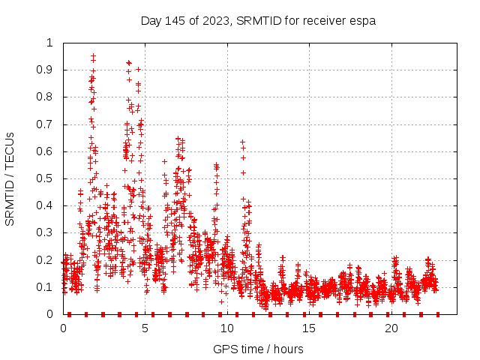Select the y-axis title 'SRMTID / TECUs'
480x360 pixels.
point(10,178)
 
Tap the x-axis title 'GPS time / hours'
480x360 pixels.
point(258,349)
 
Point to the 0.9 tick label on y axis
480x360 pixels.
point(48,70)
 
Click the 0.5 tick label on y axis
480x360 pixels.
point(48,178)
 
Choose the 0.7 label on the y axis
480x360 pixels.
point(48,124)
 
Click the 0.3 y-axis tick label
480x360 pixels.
point(48,233)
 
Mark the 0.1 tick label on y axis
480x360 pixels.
point(48,287)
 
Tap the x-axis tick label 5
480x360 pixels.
point(145,328)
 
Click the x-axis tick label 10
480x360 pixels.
point(227,328)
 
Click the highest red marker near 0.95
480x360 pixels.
point(93,55)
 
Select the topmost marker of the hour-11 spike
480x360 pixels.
point(242,142)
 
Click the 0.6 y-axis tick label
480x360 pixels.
point(48,151)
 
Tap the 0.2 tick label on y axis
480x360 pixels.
point(48,260)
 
